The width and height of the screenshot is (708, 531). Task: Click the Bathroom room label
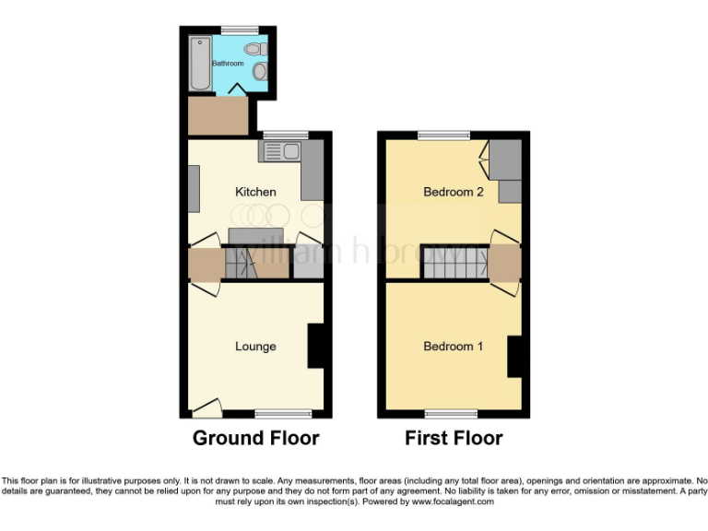pyautogui.click(x=228, y=64)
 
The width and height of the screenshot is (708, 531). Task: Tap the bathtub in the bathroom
pyautogui.click(x=200, y=64)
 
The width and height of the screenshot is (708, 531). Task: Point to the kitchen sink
pyautogui.click(x=281, y=152)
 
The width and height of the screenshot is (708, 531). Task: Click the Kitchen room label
pyautogui.click(x=255, y=192)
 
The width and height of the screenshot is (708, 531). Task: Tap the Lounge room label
pyautogui.click(x=255, y=347)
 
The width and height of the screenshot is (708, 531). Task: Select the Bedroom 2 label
pyautogui.click(x=454, y=192)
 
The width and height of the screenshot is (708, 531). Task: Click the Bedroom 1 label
pyautogui.click(x=454, y=347)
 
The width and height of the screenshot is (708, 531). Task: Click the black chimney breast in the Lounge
pyautogui.click(x=317, y=346)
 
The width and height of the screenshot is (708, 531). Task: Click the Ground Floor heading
pyautogui.click(x=255, y=438)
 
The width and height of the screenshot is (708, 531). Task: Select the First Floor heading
pyautogui.click(x=454, y=438)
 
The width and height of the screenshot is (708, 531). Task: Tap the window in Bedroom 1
pyautogui.click(x=451, y=414)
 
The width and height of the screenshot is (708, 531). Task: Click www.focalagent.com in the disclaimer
pyautogui.click(x=453, y=502)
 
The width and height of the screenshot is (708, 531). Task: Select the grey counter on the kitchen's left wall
pyautogui.click(x=193, y=188)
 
